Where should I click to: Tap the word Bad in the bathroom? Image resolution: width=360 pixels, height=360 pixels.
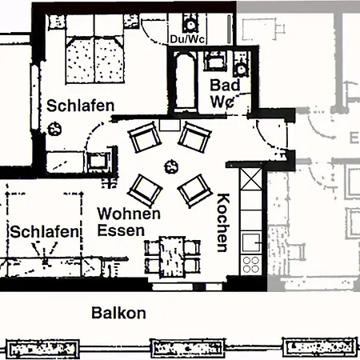coord(222,86)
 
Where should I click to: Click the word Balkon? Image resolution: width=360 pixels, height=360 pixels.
coord(118,313)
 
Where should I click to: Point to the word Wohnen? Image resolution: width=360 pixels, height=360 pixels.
coord(129,214)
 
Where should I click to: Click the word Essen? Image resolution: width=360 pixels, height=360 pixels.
coord(121,230)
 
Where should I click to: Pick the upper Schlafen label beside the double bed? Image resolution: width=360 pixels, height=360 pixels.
coord(79,105)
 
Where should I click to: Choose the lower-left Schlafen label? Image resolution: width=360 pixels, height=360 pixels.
coord(45,232)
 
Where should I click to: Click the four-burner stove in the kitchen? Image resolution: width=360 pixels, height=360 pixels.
coord(251,265)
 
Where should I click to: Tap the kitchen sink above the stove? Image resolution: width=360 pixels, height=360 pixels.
coord(251,240)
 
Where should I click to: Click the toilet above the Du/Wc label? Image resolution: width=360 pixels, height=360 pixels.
coord(190,22)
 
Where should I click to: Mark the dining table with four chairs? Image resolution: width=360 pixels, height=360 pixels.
coord(170,254)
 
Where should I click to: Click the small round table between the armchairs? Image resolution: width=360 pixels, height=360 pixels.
coord(170,166)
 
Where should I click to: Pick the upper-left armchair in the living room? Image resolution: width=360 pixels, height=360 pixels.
coord(145,139)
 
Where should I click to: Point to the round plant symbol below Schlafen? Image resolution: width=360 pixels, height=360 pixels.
coord(54,128)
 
